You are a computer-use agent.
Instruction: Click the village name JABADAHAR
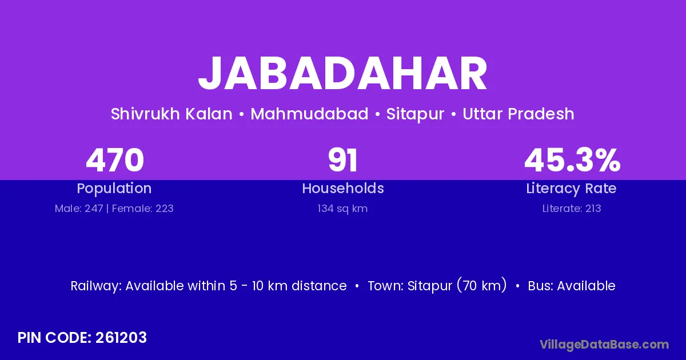pos(342,74)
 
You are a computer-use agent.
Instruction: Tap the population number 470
pos(115,160)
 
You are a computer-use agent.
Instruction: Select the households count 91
pos(342,160)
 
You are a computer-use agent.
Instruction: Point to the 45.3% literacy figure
pos(572,160)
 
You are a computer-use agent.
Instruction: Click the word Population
pos(114,189)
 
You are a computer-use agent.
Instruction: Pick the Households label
pos(343,188)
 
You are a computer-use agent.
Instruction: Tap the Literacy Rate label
pos(572,189)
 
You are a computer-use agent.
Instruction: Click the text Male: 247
pos(79,209)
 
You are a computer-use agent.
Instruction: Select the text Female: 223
pos(143,209)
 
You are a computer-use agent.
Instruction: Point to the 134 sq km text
pos(342,209)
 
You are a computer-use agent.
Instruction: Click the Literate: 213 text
pos(572,209)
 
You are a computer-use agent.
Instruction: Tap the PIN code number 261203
pos(121,338)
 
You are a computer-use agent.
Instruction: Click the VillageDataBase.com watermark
pos(604,345)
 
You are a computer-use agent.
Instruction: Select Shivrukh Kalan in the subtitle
pos(171,114)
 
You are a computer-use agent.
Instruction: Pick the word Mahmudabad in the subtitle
pos(309,114)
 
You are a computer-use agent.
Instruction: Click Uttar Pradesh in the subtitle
pos(518,114)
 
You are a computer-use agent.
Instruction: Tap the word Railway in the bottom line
pos(96,286)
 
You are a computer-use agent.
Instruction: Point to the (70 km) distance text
pos(482,286)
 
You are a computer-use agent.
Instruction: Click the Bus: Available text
pos(572,286)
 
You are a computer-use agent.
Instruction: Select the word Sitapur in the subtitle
pos(415,114)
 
